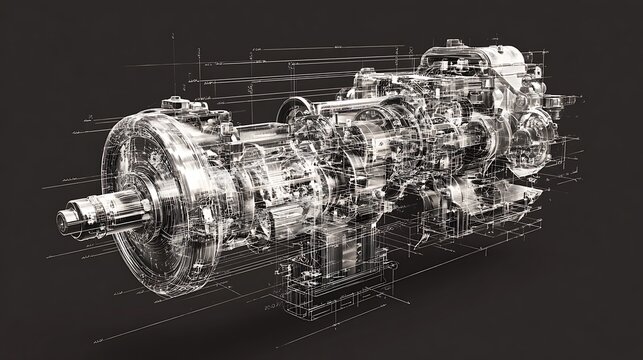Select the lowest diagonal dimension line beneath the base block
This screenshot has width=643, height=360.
tap(330, 330)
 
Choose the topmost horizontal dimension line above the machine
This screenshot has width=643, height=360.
tap(330, 46)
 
